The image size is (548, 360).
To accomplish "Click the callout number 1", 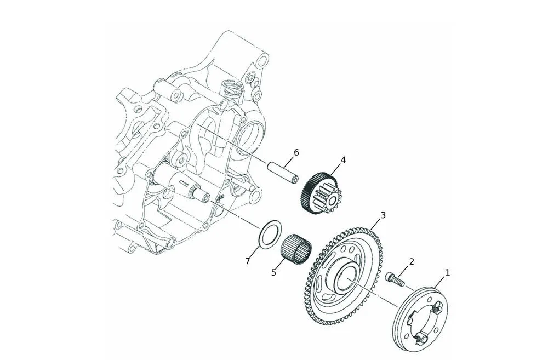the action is coord(447,272).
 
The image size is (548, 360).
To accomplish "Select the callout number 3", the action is coord(383,215).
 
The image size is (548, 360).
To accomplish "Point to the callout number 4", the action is coord(343,160).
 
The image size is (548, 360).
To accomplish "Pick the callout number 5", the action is coord(273,272).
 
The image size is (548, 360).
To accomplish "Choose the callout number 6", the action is coord(296,152).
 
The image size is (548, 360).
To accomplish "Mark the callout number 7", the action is coord(248,261).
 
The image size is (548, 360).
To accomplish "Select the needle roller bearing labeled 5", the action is coord(296,246).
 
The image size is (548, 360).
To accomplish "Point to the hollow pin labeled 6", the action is coord(283,172).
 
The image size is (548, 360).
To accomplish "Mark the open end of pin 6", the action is coord(295,180).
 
